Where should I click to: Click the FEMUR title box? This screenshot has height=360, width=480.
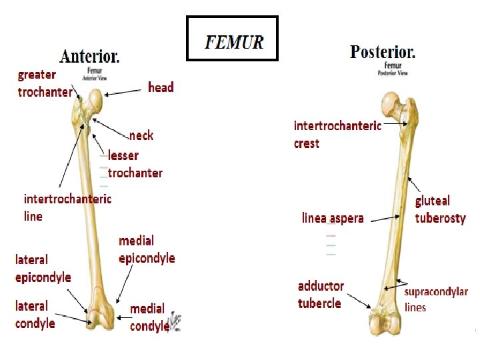tap(232, 39)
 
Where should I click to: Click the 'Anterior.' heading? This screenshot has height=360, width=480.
tap(90, 56)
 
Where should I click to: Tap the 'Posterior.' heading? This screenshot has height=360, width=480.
tap(383, 51)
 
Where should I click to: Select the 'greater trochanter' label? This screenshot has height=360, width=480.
tap(45, 84)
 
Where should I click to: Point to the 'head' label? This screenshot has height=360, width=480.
tap(161, 87)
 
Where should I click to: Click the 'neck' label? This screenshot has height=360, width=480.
tap(141, 135)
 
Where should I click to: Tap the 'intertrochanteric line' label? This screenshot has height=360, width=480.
tap(67, 207)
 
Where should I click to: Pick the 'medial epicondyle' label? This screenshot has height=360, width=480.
tap(147, 249)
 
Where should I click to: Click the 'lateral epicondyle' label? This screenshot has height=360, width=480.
tap(43, 268)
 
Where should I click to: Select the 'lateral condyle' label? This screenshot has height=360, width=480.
tap(35, 315)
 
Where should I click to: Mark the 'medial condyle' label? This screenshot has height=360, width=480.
tap(149, 317)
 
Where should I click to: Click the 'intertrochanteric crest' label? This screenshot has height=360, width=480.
tap(337, 134)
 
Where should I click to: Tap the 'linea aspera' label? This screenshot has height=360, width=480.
tap(333, 218)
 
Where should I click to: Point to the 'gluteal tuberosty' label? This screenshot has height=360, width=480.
tap(440, 209)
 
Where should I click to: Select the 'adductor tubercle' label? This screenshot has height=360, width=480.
tap(321, 295)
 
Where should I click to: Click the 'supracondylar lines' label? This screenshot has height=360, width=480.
tap(436, 299)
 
